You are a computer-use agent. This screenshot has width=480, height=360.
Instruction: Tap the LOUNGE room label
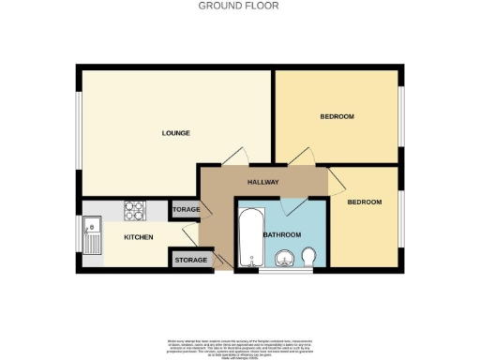point(175,133)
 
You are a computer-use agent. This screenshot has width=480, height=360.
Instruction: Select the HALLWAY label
point(262,182)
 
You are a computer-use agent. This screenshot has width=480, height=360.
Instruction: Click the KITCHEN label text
point(139,237)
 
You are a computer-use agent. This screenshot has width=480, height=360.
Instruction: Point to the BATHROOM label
point(281,234)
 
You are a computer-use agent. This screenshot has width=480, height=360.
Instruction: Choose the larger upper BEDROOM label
point(337,116)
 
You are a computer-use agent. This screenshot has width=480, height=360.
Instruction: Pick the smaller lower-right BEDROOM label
point(364,202)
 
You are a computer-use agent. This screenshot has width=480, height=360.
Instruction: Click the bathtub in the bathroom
point(249,237)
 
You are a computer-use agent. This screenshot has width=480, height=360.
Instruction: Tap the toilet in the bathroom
point(310,257)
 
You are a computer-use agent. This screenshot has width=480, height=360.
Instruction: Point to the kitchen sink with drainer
point(92,233)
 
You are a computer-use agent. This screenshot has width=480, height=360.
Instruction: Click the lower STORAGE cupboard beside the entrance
point(190,260)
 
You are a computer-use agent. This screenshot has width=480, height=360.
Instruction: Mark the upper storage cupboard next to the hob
point(185,210)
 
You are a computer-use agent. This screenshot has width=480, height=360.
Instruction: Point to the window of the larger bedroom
point(402,112)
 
